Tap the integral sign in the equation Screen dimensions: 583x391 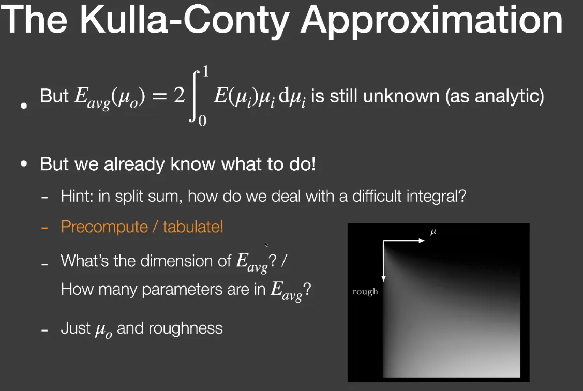195,96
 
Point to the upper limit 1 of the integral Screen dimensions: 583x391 205,71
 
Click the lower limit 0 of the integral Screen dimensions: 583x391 202,121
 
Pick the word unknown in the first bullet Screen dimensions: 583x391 401,96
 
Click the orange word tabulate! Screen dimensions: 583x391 193,227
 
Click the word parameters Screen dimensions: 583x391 182,290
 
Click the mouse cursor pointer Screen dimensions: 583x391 266,244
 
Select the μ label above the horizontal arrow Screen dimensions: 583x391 433,232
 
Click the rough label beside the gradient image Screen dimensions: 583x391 365,291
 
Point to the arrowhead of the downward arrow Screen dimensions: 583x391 383,279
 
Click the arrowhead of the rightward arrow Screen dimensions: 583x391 421,241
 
